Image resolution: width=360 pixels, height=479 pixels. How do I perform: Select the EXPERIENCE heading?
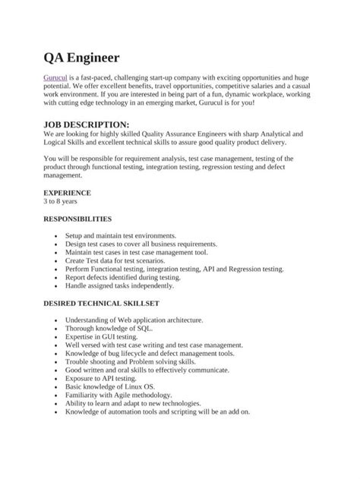coord(67,193)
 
